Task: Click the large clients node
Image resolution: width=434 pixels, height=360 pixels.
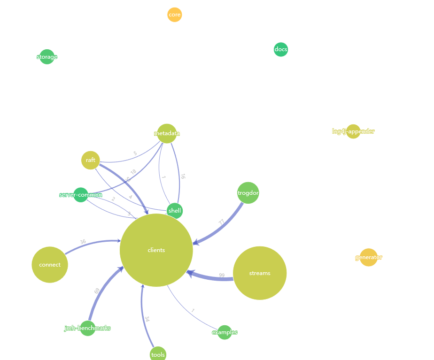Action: click(x=156, y=250)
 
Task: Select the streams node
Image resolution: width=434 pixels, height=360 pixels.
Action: click(x=260, y=273)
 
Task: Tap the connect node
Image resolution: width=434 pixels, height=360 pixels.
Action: click(x=50, y=265)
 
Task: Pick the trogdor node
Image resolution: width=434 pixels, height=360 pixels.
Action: click(x=248, y=193)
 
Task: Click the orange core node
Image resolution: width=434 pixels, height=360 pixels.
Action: click(x=174, y=15)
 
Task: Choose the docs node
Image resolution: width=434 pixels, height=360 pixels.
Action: click(x=281, y=49)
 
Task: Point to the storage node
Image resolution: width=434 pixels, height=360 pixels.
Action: click(x=47, y=57)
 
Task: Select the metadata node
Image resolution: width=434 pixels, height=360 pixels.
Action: click(x=167, y=133)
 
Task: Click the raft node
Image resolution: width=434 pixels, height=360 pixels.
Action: click(x=91, y=160)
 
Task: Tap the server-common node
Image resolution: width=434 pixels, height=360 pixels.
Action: click(x=81, y=195)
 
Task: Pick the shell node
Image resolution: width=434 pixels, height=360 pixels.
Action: click(x=175, y=211)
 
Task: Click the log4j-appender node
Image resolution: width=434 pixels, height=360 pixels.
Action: click(x=353, y=131)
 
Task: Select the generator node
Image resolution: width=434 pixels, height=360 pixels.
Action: click(x=369, y=257)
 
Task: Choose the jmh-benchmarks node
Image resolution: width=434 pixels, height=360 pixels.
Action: click(x=87, y=328)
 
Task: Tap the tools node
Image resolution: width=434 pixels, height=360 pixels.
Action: click(x=158, y=354)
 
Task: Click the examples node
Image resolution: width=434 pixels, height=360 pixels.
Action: click(x=225, y=332)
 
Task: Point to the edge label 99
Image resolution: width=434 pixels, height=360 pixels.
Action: click(x=222, y=276)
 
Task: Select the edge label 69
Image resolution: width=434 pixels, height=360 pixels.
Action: click(x=97, y=291)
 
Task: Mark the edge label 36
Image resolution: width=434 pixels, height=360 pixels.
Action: click(x=83, y=242)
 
